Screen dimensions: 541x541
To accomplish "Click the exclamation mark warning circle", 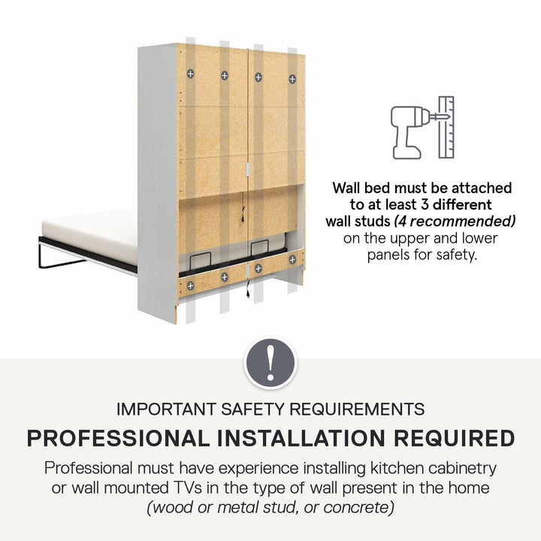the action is coord(270,363).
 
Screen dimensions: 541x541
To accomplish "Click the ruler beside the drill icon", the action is coord(446,127).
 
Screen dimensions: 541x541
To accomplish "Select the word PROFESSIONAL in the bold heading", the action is coord(118,438).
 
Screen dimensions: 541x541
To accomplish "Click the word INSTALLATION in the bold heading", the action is coord(301,438).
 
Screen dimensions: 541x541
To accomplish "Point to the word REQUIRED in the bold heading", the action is coord(454,438).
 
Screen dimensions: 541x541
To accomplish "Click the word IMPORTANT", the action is coord(167,410).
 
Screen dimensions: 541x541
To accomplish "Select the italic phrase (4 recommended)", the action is coord(455,221).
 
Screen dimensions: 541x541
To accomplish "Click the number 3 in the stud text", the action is coord(425,204).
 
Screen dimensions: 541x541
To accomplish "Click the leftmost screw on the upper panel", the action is coord(190,74).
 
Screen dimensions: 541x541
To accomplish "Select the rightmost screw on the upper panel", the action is coord(292,79).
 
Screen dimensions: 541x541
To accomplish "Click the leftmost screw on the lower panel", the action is coord(190,286).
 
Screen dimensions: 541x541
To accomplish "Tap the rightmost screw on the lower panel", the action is coord(292,259).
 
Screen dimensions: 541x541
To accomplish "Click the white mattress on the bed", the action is coord(89,234).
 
